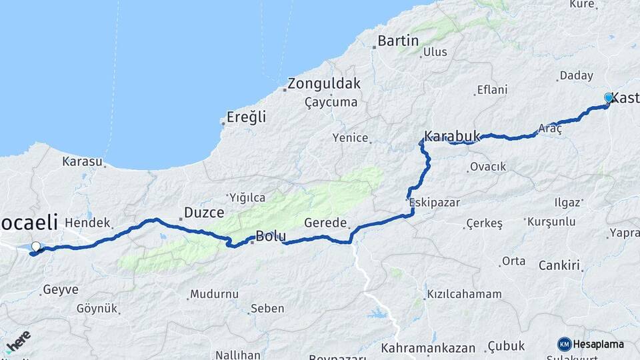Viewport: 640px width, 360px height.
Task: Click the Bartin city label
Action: tap(398, 41)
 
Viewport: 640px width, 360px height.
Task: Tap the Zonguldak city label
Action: tap(324, 84)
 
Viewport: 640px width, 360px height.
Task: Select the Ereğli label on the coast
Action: tap(246, 117)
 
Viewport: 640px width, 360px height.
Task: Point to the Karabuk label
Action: tap(452, 136)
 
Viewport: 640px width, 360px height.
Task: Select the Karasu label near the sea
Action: tap(83, 161)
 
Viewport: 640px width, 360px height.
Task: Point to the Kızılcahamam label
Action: tap(464, 293)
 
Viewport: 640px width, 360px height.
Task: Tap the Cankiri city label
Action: tap(557, 266)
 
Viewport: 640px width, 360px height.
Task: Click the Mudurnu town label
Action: tap(214, 293)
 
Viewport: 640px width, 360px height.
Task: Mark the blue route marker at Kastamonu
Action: tap(609, 98)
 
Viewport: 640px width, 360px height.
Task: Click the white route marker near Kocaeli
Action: tap(36, 246)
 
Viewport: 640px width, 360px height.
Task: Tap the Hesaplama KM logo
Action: tap(591, 344)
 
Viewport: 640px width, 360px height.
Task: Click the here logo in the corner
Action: tap(18, 342)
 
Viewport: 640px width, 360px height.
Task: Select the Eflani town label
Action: tap(492, 90)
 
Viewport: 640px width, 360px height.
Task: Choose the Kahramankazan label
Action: tap(428, 348)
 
